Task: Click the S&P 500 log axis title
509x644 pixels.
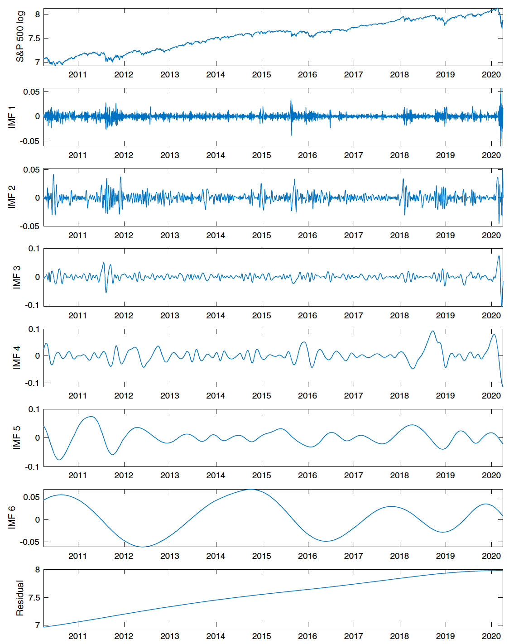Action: pyautogui.click(x=20, y=37)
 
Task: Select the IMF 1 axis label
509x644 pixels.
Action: pyautogui.click(x=12, y=117)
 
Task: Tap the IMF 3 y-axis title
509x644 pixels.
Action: pyautogui.click(x=17, y=277)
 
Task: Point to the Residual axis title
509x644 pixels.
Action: pyautogui.click(x=20, y=598)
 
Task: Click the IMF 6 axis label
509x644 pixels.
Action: pyautogui.click(x=12, y=518)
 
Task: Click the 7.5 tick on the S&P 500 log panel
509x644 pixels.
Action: pyautogui.click(x=34, y=38)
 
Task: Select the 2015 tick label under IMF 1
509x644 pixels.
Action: pyautogui.click(x=261, y=155)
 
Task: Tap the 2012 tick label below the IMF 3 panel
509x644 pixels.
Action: pyautogui.click(x=124, y=316)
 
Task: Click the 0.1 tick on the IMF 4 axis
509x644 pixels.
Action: pyautogui.click(x=34, y=329)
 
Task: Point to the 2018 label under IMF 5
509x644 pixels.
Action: pyautogui.click(x=399, y=476)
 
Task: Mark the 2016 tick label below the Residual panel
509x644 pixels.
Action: pyautogui.click(x=307, y=636)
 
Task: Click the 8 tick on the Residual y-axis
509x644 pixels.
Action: pyautogui.click(x=38, y=570)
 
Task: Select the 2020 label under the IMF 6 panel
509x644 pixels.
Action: pyautogui.click(x=491, y=556)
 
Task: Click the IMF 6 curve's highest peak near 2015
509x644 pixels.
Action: pyautogui.click(x=252, y=490)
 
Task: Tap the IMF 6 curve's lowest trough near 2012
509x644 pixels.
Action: pyautogui.click(x=142, y=547)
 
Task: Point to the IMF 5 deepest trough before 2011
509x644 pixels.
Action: pyautogui.click(x=59, y=460)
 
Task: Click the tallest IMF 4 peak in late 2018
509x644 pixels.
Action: pyautogui.click(x=432, y=331)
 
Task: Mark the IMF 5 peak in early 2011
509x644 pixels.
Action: pyautogui.click(x=91, y=417)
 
